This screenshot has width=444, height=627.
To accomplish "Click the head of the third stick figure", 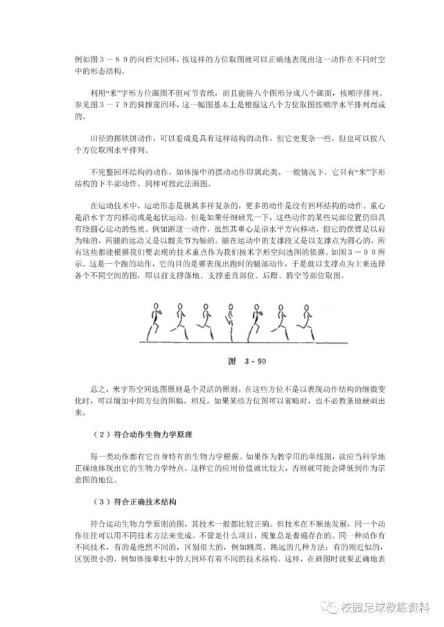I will [x=206, y=308].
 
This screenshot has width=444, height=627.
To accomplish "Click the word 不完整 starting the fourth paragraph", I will [x=103, y=172].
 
